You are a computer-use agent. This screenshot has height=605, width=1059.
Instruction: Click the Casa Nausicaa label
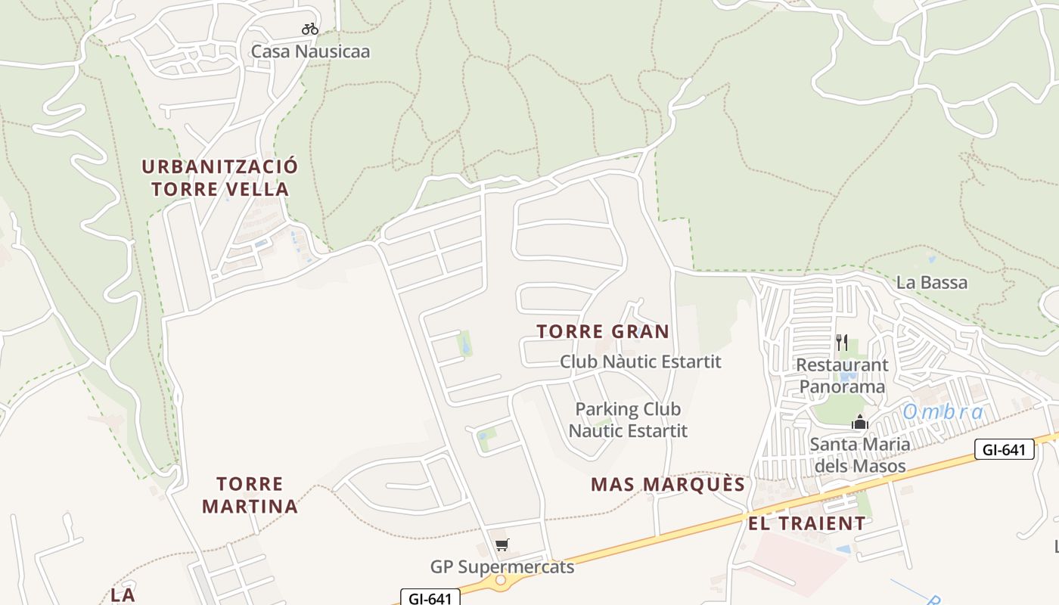(x=310, y=51)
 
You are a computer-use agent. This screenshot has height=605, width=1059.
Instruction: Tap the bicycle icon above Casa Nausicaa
(x=310, y=29)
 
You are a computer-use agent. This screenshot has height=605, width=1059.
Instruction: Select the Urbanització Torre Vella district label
(x=220, y=178)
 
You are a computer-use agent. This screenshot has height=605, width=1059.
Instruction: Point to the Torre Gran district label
(x=603, y=331)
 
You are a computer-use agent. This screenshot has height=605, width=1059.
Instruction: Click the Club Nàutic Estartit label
(x=640, y=361)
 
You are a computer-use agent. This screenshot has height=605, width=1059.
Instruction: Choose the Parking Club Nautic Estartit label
(x=628, y=420)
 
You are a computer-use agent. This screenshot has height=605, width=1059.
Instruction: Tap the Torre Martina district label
(x=250, y=495)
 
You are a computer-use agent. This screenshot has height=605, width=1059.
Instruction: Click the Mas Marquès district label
(x=668, y=484)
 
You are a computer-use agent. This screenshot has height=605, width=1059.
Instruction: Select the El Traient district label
(x=807, y=523)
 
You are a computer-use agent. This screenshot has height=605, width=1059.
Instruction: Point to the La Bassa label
(x=931, y=283)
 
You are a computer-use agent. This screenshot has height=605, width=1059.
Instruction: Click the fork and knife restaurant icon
(x=842, y=343)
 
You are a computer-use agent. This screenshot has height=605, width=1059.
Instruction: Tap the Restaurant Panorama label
(x=842, y=376)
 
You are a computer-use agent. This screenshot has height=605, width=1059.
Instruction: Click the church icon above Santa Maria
(x=859, y=422)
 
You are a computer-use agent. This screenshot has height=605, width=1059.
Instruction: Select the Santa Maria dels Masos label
(x=859, y=455)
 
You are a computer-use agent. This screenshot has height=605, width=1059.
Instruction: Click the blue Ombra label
(x=943, y=412)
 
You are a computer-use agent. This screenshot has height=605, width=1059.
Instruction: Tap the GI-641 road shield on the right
(x=1004, y=450)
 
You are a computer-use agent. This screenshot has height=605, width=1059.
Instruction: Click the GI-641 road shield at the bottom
(x=430, y=598)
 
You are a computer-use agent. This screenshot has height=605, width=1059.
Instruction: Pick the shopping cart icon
(x=502, y=544)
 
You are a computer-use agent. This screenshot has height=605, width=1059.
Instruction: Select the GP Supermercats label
(x=502, y=566)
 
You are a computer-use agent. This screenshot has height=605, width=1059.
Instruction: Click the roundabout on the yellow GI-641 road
(x=501, y=581)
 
